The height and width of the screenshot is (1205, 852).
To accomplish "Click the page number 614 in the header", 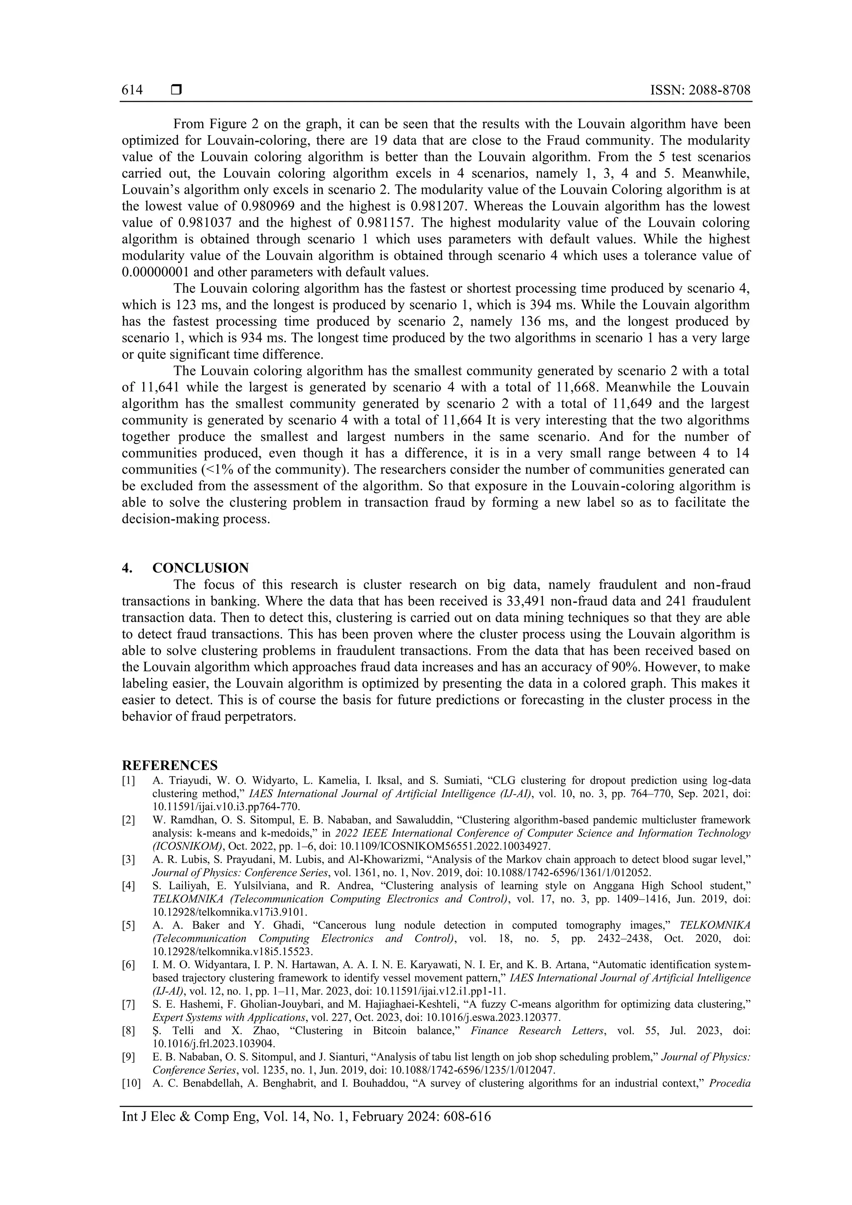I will pos(132,90).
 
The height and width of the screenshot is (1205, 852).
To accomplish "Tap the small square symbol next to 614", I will pos(176,90).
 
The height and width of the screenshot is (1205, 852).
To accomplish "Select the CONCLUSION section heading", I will pos(201,568).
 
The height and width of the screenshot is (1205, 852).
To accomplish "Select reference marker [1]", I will pos(129,780).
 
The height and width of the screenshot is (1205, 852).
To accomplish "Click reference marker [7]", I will pos(129,1005).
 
